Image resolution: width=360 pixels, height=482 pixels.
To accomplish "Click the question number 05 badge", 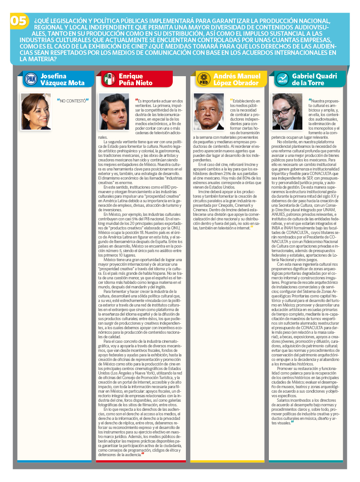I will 19,21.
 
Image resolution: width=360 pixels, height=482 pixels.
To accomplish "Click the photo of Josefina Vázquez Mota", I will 36,112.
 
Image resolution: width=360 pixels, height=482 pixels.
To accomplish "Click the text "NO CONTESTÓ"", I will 73,100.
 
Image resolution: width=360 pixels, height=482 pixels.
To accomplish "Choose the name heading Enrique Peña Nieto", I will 136,79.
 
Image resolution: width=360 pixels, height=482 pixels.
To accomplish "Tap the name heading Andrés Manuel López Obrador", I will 236,79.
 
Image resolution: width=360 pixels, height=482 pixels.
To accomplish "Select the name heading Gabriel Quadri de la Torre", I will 312,79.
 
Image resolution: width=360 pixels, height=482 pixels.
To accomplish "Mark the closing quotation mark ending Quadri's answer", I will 292,423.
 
